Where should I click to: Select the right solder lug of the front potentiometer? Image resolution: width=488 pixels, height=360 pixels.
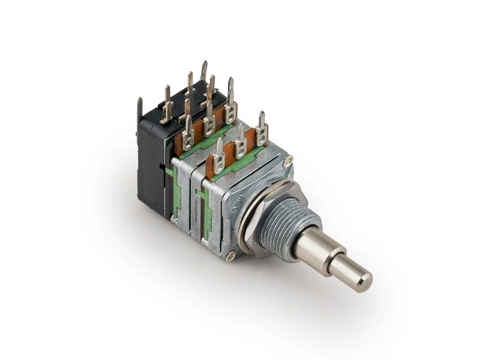pyautogui.click(x=261, y=129)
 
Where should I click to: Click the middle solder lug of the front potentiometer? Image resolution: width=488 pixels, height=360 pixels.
pyautogui.click(x=241, y=142)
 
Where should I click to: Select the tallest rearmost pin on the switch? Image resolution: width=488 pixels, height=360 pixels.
pyautogui.click(x=204, y=70)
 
